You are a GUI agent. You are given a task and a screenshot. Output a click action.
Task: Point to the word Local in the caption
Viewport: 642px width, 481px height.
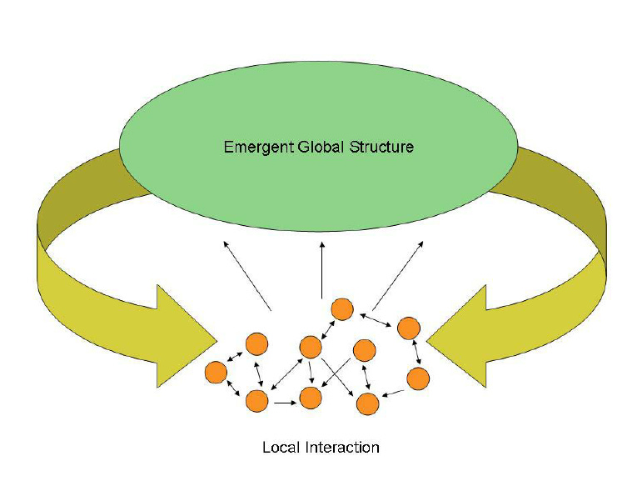(280, 448)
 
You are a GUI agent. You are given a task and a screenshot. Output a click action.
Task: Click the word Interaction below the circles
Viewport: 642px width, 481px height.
(341, 448)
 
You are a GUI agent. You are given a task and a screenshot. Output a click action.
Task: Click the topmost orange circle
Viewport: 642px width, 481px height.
(342, 309)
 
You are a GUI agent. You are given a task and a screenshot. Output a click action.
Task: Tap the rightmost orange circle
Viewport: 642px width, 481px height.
(418, 378)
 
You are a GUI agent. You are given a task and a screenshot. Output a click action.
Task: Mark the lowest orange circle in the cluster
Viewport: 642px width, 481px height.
(367, 404)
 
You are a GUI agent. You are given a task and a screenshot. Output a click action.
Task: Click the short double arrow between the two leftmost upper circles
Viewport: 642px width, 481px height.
(236, 358)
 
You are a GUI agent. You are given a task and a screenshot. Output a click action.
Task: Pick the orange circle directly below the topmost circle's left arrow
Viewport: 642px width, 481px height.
(311, 346)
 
